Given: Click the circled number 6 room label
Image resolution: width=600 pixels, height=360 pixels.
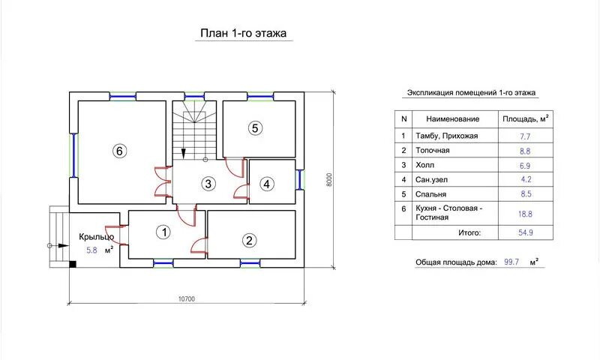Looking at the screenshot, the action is pyautogui.click(x=119, y=151).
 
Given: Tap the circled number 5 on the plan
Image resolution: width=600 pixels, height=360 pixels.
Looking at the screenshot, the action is pyautogui.click(x=255, y=127).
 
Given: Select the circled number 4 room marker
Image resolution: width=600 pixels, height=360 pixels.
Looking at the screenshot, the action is pyautogui.click(x=267, y=184).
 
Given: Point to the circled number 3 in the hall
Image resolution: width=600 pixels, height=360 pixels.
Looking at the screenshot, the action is pyautogui.click(x=208, y=184).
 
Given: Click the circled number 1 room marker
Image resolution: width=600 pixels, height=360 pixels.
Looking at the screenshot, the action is pyautogui.click(x=164, y=232).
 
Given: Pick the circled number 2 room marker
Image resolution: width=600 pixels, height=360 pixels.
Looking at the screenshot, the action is pyautogui.click(x=250, y=240).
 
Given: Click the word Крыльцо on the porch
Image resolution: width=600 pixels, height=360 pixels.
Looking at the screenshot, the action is pyautogui.click(x=97, y=237).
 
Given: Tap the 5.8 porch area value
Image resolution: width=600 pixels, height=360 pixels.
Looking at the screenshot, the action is pyautogui.click(x=91, y=250).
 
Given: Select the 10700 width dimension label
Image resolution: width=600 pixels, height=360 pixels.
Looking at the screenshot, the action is pyautogui.click(x=187, y=298).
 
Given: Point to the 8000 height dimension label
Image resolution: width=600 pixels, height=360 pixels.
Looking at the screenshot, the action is pyautogui.click(x=329, y=180).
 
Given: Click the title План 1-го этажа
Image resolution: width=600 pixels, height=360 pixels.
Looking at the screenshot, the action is pyautogui.click(x=243, y=33).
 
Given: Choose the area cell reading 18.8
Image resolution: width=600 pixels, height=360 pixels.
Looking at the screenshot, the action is pyautogui.click(x=526, y=214).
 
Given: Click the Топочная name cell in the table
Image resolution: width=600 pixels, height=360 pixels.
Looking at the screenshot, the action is pyautogui.click(x=433, y=150).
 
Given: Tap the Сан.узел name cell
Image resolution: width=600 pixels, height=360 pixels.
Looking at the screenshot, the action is pyautogui.click(x=431, y=179).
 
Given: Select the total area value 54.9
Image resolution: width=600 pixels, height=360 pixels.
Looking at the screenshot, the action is pyautogui.click(x=526, y=232).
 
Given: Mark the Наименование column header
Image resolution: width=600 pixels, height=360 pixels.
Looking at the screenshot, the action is pyautogui.click(x=453, y=119).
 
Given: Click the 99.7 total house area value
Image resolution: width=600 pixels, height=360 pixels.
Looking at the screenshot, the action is pyautogui.click(x=511, y=262).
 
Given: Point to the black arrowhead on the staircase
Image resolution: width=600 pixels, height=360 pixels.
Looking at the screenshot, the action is pyautogui.click(x=184, y=153).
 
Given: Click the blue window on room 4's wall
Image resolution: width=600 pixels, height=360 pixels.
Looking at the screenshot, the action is pyautogui.click(x=299, y=179).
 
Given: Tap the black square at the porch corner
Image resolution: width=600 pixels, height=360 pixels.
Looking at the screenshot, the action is pyautogui.click(x=73, y=264).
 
